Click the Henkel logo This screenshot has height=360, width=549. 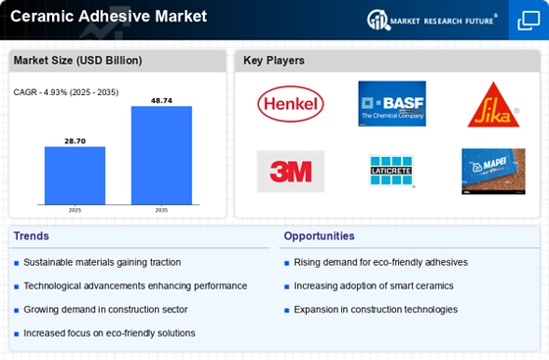pos(290,104)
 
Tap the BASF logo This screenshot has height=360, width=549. pos(392,104)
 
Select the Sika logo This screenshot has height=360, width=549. pos(493,104)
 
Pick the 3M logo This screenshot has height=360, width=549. pos(290,172)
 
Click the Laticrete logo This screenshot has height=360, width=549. pos(391,171)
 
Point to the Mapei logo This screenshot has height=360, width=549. pos(493,172)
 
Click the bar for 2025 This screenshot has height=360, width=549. pos(75,176)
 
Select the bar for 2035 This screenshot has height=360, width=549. pos(162,155)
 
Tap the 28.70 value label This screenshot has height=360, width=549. pos(75,141)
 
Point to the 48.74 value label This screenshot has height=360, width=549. pos(162,101)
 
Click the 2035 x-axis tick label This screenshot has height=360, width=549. pos(162,210)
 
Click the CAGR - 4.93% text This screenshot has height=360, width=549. pos(40,92)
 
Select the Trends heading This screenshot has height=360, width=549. pos(31,236)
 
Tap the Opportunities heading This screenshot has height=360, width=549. pos(319,236)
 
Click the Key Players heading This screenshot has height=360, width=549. pos(274,60)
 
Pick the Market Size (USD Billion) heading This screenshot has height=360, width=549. pos(77,60)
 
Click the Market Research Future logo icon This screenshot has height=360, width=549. pos(378,20)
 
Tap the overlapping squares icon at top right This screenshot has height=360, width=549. pos(528,21)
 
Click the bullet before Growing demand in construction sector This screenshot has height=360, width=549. pos(17,310)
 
